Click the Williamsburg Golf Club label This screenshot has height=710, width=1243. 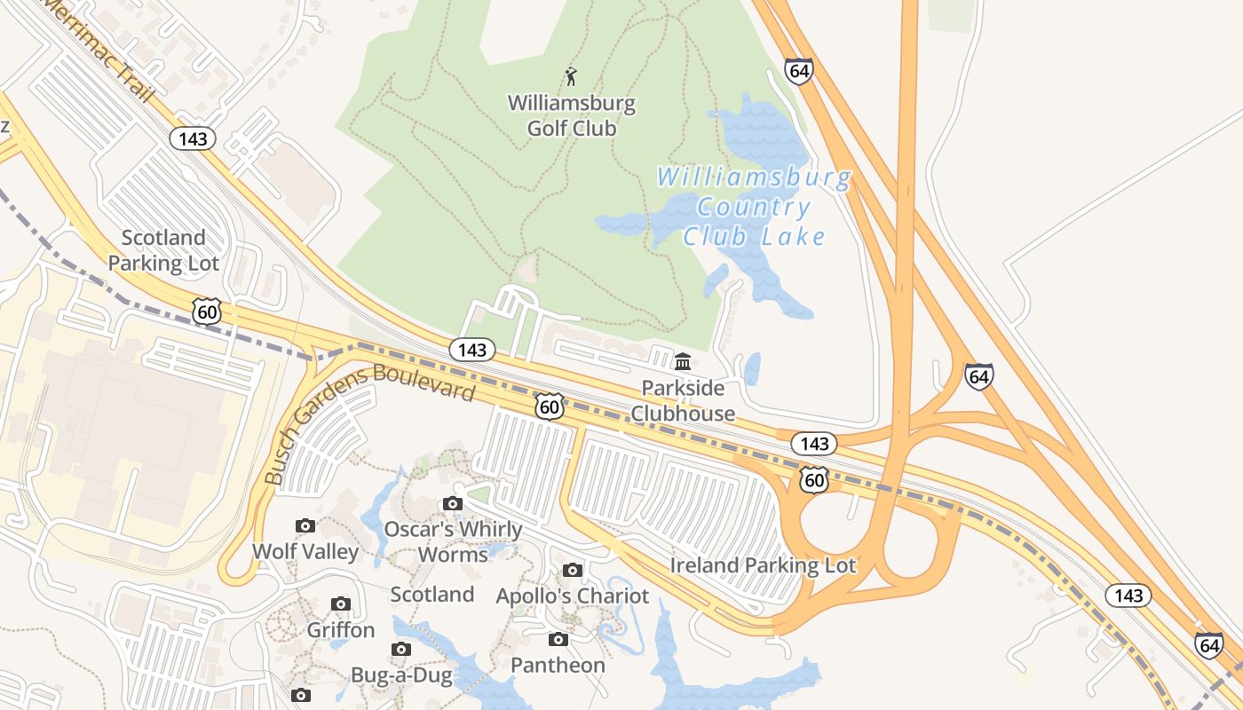click(x=572, y=115)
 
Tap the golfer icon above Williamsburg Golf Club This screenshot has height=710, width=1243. click(x=571, y=75)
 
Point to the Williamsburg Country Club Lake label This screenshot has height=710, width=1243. click(x=754, y=207)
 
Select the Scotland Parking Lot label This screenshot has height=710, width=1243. click(x=163, y=250)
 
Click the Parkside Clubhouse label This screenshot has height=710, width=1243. click(x=683, y=400)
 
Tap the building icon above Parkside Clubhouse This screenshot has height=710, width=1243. click(x=683, y=361)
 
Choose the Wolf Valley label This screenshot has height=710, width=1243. click(x=305, y=551)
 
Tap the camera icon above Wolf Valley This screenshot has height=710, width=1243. click(x=305, y=525)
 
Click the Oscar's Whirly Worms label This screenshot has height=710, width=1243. click(x=453, y=541)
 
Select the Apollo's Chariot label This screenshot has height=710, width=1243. click(x=573, y=596)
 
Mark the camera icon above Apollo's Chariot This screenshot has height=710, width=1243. click(x=573, y=570)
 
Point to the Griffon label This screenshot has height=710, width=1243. click(x=341, y=630)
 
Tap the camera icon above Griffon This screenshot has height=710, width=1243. click(x=341, y=604)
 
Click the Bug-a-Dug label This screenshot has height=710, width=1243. click(x=401, y=674)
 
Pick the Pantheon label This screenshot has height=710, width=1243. click(x=558, y=665)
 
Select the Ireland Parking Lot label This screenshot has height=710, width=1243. click(x=763, y=565)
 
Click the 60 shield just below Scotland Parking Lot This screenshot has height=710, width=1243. click(x=206, y=311)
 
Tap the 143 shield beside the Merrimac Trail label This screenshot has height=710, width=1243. click(x=193, y=138)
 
